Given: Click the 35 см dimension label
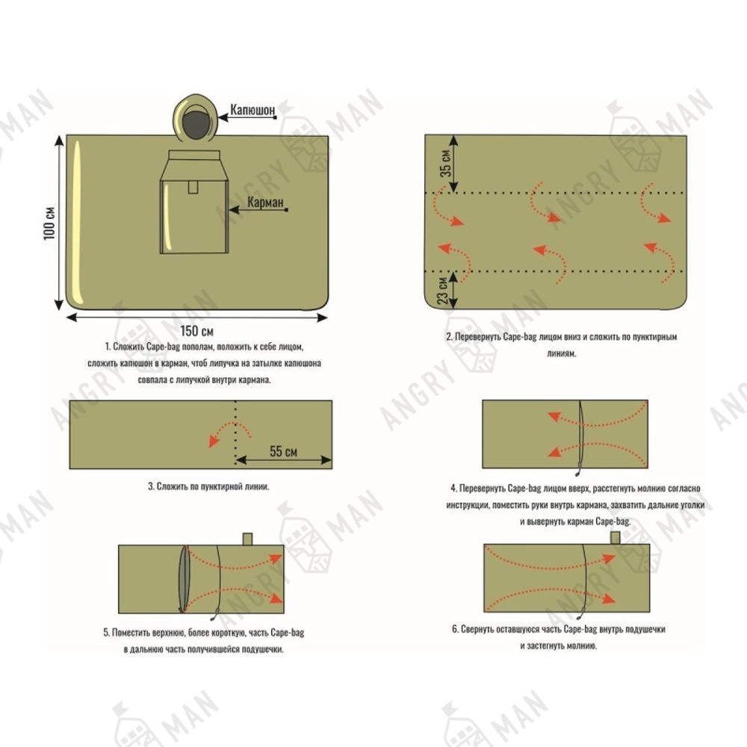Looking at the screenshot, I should pos(445,164).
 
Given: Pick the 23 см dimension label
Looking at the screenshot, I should pos(443,288).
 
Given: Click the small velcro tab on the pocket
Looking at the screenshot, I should pos(193,186).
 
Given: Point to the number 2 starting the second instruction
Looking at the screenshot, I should pos(448,337).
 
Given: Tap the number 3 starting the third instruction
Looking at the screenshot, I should pos(150,486).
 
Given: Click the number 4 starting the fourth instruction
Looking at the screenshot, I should pos(453,489).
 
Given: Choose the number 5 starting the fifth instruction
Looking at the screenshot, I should pos(105,633).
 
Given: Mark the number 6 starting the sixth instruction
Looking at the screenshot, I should pos(454,629).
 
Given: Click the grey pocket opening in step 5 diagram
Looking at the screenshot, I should pos(185,579).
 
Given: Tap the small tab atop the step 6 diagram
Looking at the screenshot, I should pos(616,537).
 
